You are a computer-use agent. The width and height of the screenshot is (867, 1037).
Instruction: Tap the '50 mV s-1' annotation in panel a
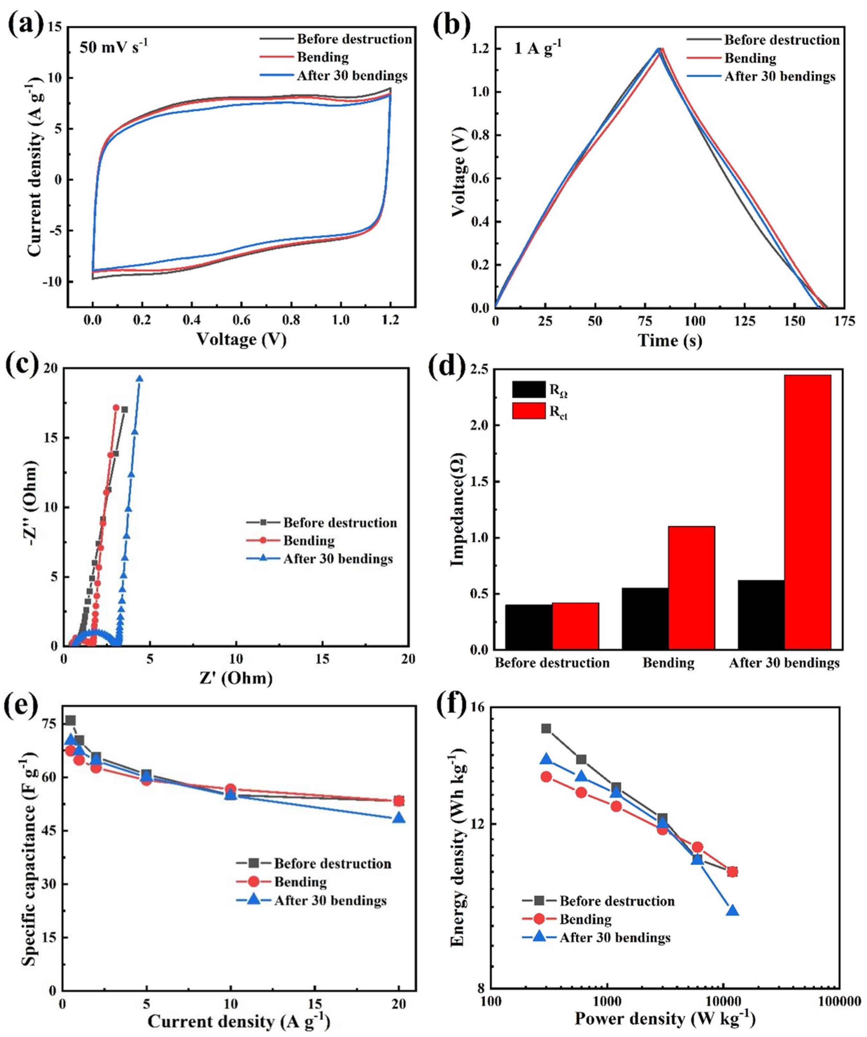(x=114, y=48)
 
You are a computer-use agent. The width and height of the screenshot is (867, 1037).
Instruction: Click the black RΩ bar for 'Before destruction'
(x=529, y=627)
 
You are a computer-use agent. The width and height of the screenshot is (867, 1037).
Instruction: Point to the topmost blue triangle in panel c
(x=140, y=379)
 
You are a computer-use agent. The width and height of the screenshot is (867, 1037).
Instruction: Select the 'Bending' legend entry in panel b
(x=749, y=58)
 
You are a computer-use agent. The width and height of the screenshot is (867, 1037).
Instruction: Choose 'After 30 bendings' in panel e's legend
(x=330, y=900)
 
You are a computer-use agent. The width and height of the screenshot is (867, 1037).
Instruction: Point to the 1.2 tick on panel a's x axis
(x=391, y=320)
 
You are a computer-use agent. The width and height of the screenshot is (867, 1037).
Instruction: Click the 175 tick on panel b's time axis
(x=844, y=322)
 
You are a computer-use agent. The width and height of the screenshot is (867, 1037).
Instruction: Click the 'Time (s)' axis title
(x=670, y=341)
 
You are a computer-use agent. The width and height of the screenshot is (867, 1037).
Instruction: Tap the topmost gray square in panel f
(x=546, y=728)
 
